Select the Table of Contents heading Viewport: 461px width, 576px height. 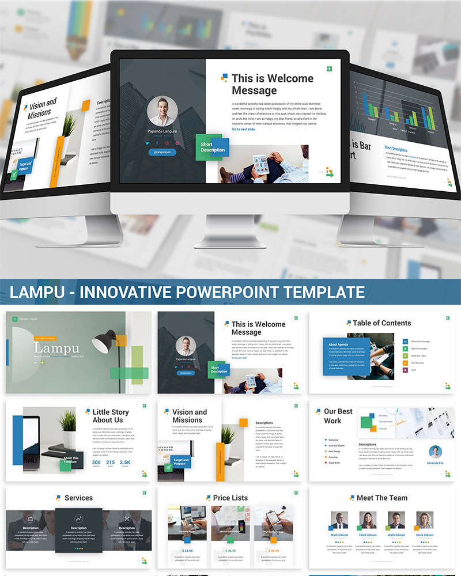pyautogui.click(x=382, y=323)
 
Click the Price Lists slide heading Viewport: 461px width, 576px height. pyautogui.click(x=230, y=498)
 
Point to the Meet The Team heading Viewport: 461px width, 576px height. pyautogui.click(x=382, y=498)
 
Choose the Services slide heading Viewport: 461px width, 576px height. pyautogui.click(x=78, y=498)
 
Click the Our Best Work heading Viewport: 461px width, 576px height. pyautogui.click(x=338, y=416)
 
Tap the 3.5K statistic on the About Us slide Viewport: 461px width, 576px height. pyautogui.click(x=124, y=463)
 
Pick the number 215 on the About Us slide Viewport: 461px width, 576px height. pyautogui.click(x=111, y=463)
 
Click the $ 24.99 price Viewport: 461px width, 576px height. pyautogui.click(x=188, y=551)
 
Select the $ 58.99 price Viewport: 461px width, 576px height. pyautogui.click(x=274, y=551)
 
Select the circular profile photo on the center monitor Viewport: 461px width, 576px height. pyautogui.click(x=162, y=111)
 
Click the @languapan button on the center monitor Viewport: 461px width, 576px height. pyautogui.click(x=162, y=152)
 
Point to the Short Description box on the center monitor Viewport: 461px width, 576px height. pyautogui.click(x=212, y=147)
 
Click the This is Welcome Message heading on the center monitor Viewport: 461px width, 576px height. pyautogui.click(x=272, y=84)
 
